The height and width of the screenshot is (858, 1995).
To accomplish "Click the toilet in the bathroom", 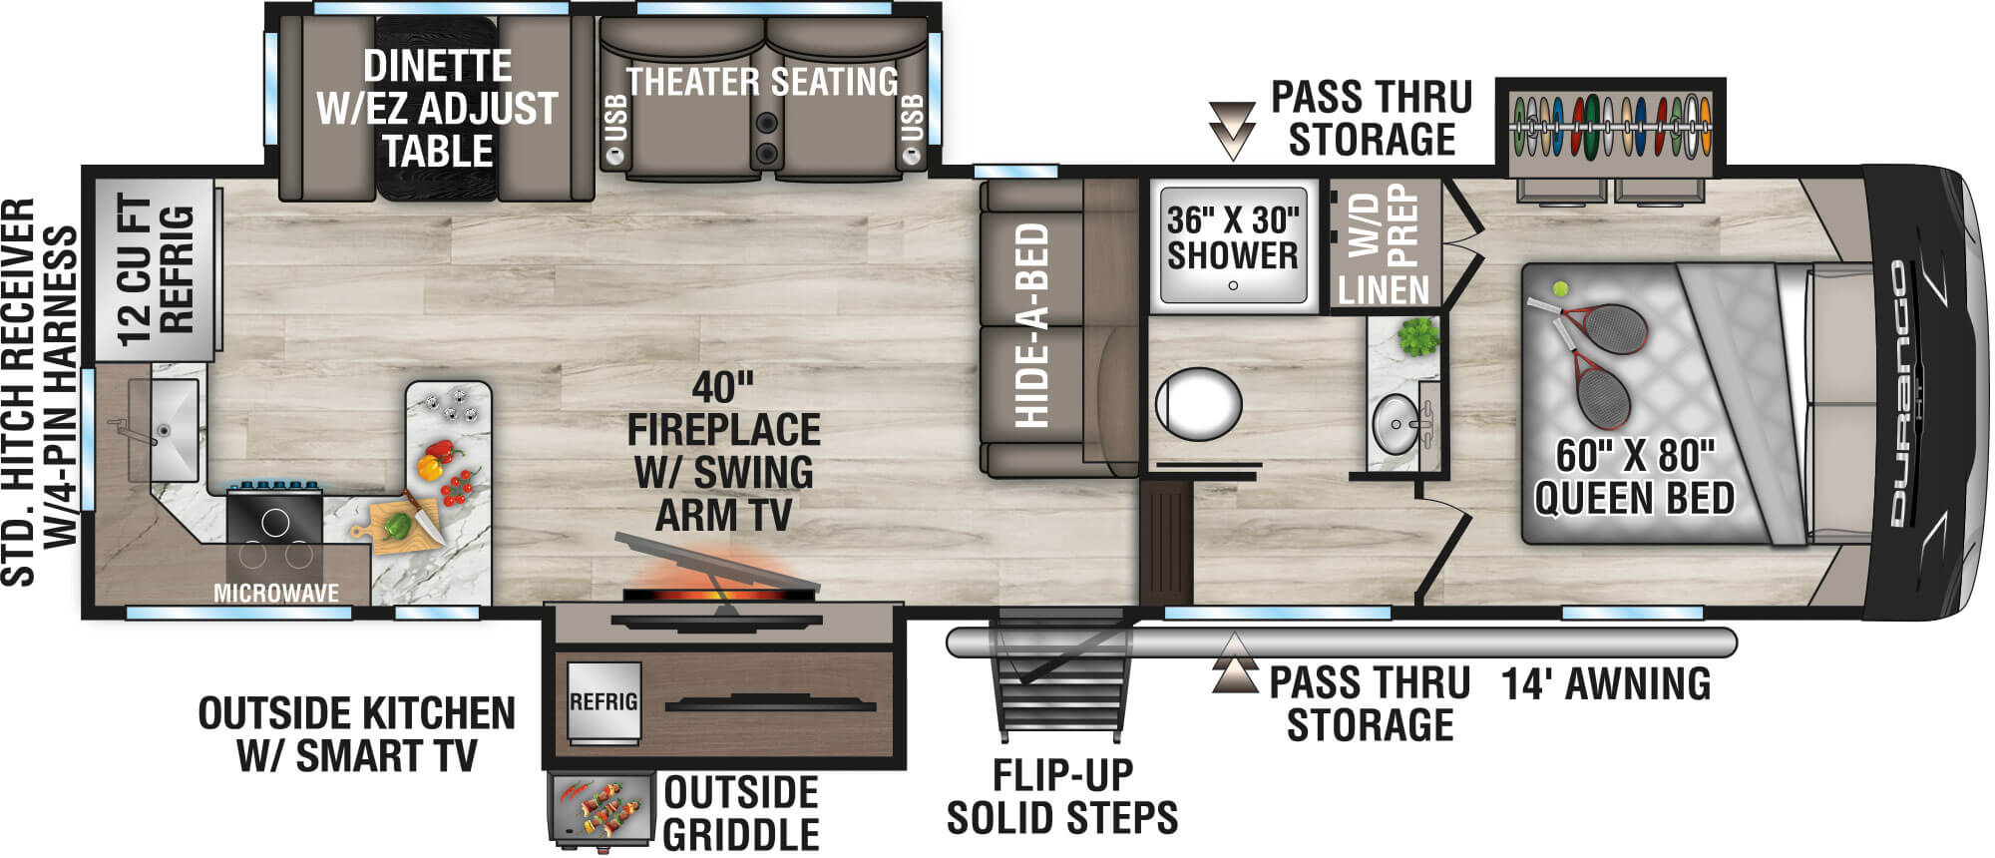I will click(x=1198, y=405).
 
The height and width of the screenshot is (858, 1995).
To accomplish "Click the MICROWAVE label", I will click(x=276, y=593).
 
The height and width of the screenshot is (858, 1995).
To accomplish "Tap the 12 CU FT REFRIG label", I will click(x=154, y=270).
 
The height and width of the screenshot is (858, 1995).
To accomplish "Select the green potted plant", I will click(x=1417, y=337).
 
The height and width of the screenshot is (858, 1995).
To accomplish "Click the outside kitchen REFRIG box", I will click(x=602, y=702).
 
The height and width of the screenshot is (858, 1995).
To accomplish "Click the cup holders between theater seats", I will click(x=766, y=137).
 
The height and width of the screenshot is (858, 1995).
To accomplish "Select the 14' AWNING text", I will click(x=1606, y=684).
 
